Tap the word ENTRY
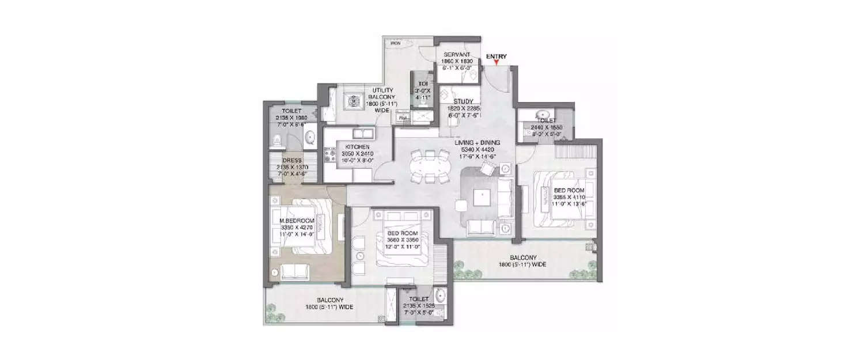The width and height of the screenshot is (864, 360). [x=497, y=56]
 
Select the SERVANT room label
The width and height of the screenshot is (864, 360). [x=457, y=54]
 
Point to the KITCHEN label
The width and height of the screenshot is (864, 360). [x=358, y=147]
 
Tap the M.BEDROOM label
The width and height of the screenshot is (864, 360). [x=297, y=221]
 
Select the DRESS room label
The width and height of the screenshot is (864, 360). [x=292, y=161]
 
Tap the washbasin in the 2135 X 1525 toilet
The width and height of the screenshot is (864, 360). [x=441, y=297]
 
